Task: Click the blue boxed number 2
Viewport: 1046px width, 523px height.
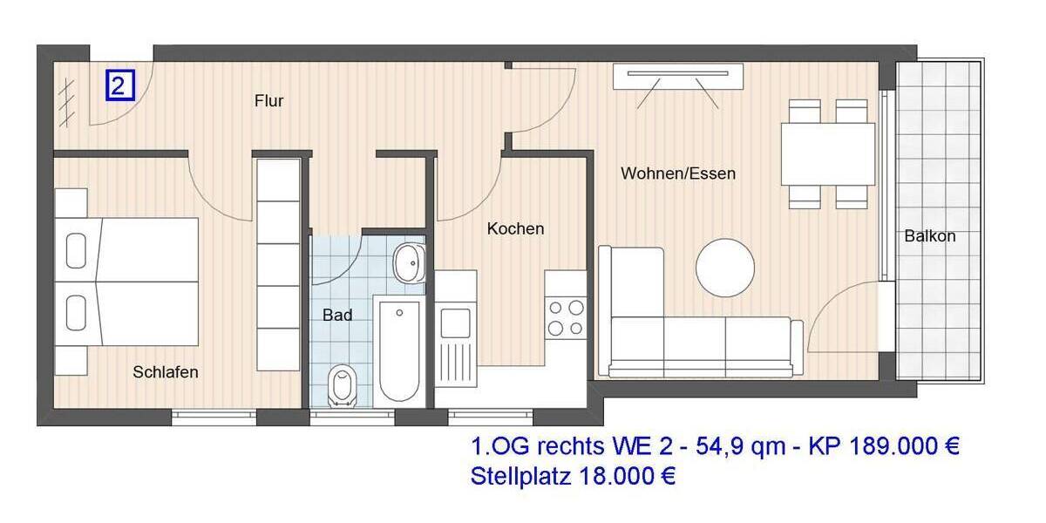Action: [x=120, y=85]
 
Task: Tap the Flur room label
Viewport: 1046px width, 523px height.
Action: [x=268, y=101]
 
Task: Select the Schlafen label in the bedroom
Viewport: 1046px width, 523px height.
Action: [x=166, y=372]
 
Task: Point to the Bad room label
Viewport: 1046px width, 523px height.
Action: [x=337, y=315]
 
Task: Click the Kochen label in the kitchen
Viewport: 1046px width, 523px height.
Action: [x=515, y=228]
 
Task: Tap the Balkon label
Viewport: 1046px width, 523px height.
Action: [x=929, y=235]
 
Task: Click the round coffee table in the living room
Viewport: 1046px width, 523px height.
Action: [x=725, y=268]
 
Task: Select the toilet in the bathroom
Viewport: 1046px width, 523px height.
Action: [x=343, y=386]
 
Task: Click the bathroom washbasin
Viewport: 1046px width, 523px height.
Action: [x=407, y=262]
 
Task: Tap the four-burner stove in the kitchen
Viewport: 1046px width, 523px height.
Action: [x=565, y=317]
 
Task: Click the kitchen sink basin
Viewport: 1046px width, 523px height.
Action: [x=455, y=323]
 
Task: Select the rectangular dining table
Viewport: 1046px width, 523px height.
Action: [x=827, y=153]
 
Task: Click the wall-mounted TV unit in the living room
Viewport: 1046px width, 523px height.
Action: [x=678, y=77]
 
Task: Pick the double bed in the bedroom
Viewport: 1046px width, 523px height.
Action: [x=131, y=282]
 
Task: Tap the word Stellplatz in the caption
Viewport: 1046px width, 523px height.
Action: [x=517, y=477]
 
